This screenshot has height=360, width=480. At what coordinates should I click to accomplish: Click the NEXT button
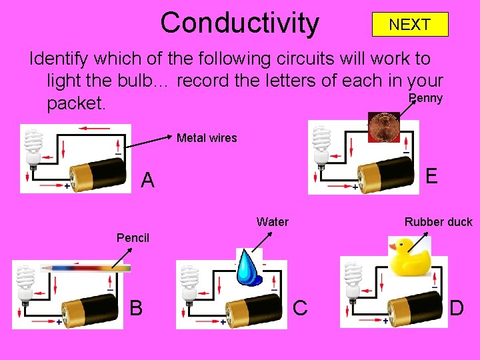pyautogui.click(x=409, y=25)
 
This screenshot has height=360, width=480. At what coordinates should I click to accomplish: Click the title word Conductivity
pyautogui.click(x=239, y=23)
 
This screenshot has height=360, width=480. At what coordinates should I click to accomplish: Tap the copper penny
pyautogui.click(x=383, y=127)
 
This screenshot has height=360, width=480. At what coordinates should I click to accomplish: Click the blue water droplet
pyautogui.click(x=249, y=266)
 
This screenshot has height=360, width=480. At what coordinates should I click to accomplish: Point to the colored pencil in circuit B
pyautogui.click(x=85, y=267)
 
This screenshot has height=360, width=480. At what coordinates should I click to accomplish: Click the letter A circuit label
pyautogui.click(x=148, y=180)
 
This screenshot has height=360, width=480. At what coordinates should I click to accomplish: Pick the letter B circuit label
pyautogui.click(x=136, y=307)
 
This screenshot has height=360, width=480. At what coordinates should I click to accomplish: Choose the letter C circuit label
pyautogui.click(x=300, y=307)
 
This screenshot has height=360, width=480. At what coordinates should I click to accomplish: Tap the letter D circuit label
pyautogui.click(x=457, y=308)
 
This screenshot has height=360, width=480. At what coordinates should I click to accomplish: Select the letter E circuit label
pyautogui.click(x=431, y=176)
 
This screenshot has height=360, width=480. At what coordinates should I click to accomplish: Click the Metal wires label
pyautogui.click(x=207, y=138)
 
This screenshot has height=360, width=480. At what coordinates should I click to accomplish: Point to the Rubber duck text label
pyautogui.click(x=438, y=222)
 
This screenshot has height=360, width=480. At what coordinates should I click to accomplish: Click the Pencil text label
pyautogui.click(x=133, y=237)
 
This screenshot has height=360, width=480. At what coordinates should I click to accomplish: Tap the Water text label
pyautogui.click(x=272, y=222)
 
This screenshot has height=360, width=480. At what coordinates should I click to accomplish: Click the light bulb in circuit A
pyautogui.click(x=32, y=147)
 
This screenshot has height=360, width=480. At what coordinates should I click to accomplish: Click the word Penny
pyautogui.click(x=425, y=99)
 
